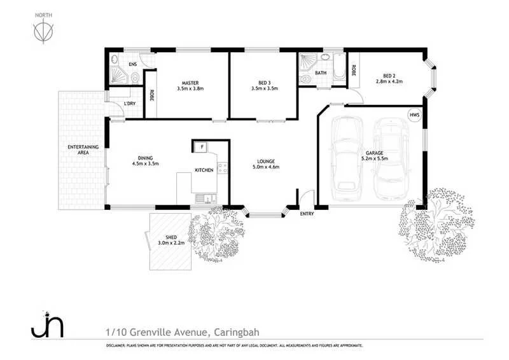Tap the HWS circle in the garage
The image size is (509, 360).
coord(415,114)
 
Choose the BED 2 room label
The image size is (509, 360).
coord(389,74)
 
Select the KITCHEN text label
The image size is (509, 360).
coord(204,170)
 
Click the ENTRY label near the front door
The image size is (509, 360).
coord(307,214)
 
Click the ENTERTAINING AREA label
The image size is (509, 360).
coord(83,151)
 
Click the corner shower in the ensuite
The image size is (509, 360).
coord(118,74)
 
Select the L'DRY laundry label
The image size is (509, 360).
coord(129,103)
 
